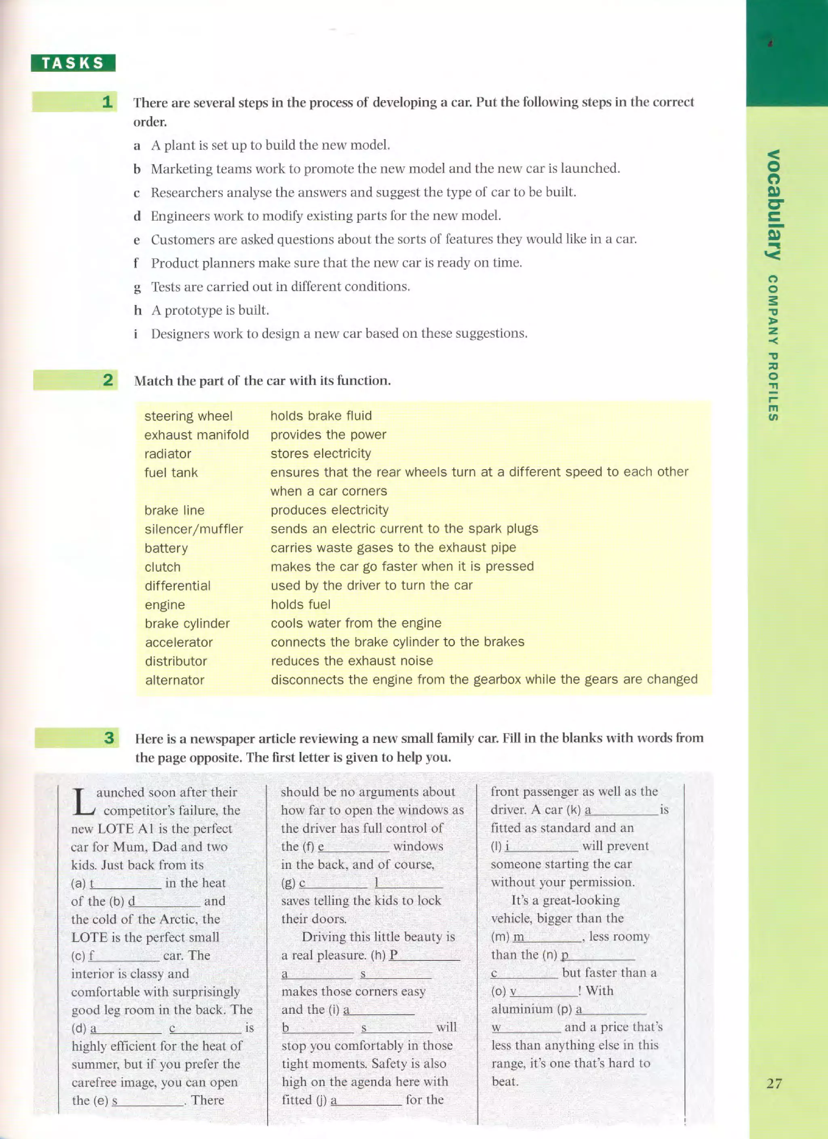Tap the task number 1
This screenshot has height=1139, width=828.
coord(107,102)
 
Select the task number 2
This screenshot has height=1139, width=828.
coord(108,380)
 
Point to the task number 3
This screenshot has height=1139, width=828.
coord(109,738)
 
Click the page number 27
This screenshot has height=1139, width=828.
coord(774,1083)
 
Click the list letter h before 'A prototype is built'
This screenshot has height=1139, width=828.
coord(138,310)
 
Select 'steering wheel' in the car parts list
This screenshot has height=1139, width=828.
coord(188,416)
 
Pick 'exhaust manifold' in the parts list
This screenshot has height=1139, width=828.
coord(196,435)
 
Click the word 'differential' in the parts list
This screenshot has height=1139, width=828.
coord(178,585)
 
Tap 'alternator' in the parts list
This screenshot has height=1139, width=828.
coord(175,680)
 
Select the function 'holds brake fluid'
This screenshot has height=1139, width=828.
coord(321,416)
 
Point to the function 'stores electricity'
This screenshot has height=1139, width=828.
coord(321,453)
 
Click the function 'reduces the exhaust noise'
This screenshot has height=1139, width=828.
coord(352,661)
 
